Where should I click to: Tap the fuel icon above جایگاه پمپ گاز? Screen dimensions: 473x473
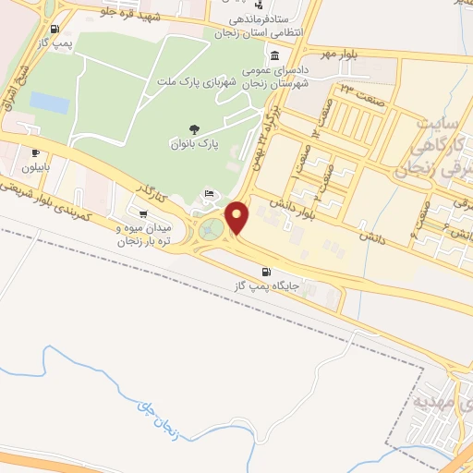[267, 273]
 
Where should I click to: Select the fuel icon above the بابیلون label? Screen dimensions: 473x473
[35, 153]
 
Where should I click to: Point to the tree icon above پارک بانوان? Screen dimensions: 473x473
[193, 129]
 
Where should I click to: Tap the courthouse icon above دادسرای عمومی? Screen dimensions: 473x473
[274, 55]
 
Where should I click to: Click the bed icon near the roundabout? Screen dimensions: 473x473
[209, 194]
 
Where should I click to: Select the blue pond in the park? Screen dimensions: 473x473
[49, 103]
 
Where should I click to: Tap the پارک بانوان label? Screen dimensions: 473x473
[193, 145]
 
